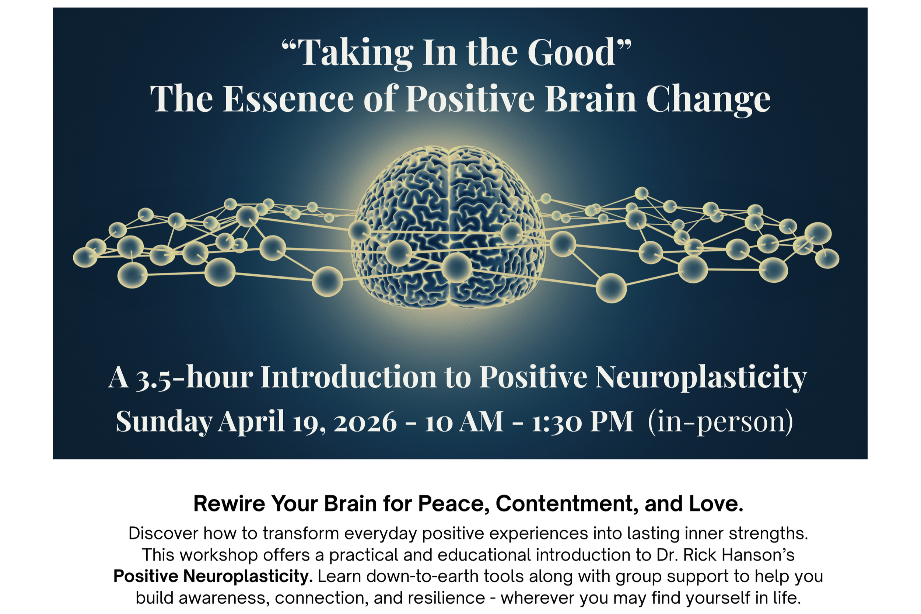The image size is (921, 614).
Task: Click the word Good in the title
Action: pyautogui.click(x=571, y=52)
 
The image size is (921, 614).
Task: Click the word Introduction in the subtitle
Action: pyautogui.click(x=349, y=377)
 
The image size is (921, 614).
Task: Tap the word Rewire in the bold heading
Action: pyautogui.click(x=229, y=504)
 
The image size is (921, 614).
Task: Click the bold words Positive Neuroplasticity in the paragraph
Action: pyautogui.click(x=213, y=576)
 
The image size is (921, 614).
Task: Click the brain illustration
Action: pyautogui.click(x=449, y=227)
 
